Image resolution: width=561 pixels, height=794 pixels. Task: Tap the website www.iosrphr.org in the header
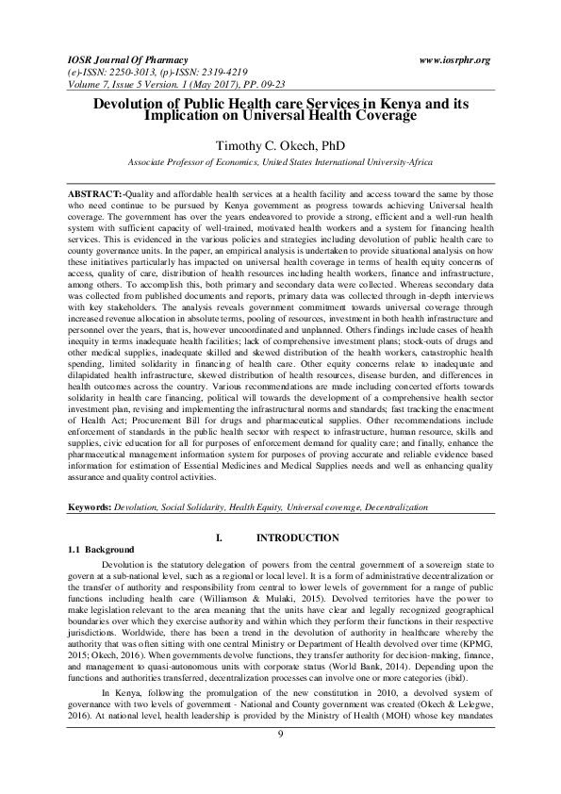[x=454, y=59]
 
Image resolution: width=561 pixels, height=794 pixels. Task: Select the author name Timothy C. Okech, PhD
[x=280, y=145]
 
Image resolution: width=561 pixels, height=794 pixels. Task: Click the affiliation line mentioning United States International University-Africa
[x=280, y=162]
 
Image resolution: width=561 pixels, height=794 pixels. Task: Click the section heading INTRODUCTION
[x=298, y=538]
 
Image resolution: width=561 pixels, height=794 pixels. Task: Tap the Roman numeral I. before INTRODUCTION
[x=219, y=538]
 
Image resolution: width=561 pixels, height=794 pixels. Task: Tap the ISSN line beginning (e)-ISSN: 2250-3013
[x=132, y=71]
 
